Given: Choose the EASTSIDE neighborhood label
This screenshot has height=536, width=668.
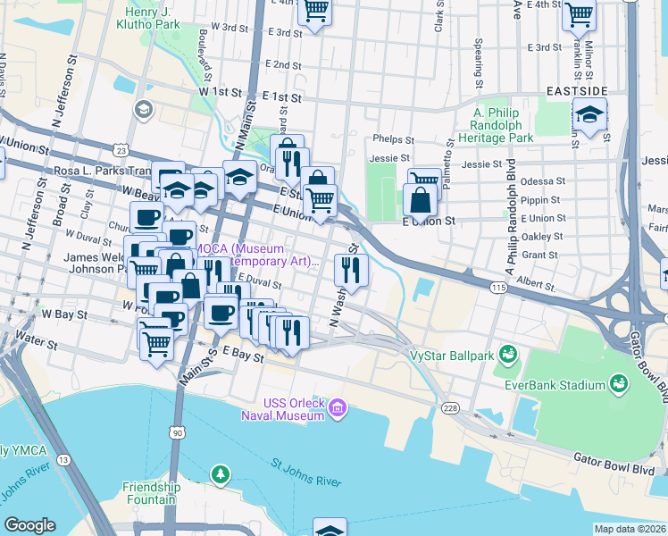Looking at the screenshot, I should (571, 92).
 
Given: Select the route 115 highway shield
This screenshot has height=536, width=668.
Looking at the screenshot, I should (498, 287).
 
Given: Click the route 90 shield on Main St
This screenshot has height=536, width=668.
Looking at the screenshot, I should (178, 433).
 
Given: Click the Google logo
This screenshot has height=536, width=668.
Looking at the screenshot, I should (29, 525).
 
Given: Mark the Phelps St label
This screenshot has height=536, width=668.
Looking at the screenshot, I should (394, 140).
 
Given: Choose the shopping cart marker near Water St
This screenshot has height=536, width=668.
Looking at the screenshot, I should (157, 341).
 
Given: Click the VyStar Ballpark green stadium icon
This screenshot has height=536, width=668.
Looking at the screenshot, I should (508, 355).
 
